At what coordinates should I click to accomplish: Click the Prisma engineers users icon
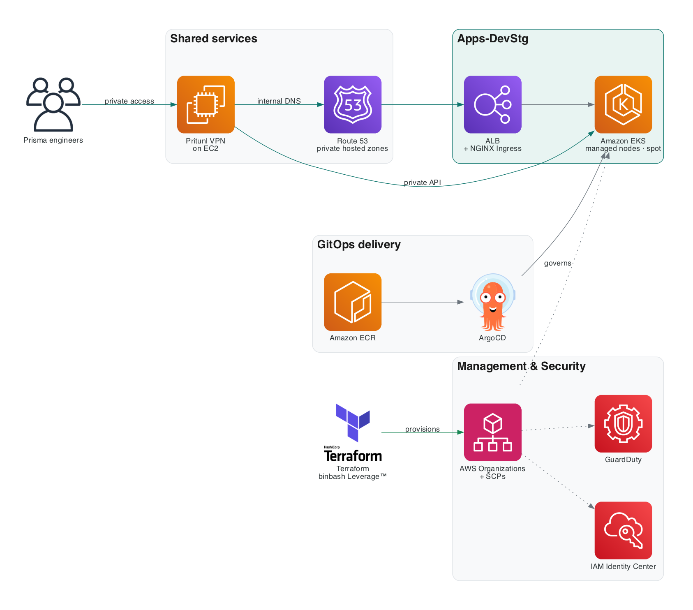click(53, 104)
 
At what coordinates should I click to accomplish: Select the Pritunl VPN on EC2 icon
click(206, 104)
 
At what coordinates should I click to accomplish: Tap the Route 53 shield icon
click(353, 104)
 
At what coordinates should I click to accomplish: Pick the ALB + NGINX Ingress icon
click(493, 104)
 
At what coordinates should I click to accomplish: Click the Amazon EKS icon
click(623, 104)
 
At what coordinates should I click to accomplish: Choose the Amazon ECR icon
click(353, 302)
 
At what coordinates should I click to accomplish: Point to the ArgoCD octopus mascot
click(493, 302)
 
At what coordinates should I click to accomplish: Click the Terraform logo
click(353, 432)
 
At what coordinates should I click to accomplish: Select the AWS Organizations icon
click(493, 432)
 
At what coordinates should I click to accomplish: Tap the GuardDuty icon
click(623, 424)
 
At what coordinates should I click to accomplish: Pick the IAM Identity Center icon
click(623, 530)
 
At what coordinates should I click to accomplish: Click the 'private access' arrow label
click(129, 101)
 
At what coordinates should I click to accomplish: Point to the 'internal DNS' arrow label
click(279, 101)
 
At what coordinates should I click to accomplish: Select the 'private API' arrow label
click(423, 183)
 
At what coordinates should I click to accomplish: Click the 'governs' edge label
click(558, 263)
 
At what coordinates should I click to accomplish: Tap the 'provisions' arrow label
click(423, 429)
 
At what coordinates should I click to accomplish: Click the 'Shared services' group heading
click(214, 39)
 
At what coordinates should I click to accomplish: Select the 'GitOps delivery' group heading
click(359, 245)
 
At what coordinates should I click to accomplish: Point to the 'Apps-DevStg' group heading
click(493, 39)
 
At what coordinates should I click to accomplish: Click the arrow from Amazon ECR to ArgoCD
click(423, 302)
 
